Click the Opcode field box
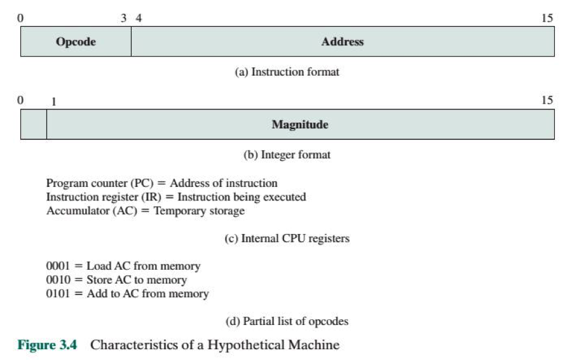pos(76,42)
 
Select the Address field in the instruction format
pos(343,42)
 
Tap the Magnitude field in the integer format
pos(300,125)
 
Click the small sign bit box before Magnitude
pos(34,125)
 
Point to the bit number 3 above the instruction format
pos(124,18)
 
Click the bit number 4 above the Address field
pos(139,18)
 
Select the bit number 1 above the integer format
pos(53,101)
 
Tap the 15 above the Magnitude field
pos(547,100)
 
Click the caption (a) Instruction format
pos(287,72)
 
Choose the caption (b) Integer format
pos(287,155)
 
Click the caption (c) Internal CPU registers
pos(287,239)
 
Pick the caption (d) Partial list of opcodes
pos(287,321)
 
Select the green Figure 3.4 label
pos(47,345)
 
